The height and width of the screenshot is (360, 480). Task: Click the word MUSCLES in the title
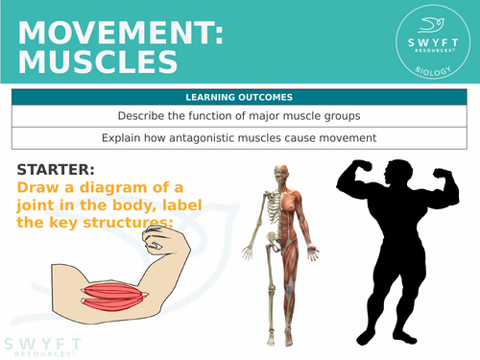97,62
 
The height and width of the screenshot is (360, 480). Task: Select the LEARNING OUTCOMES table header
239,97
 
